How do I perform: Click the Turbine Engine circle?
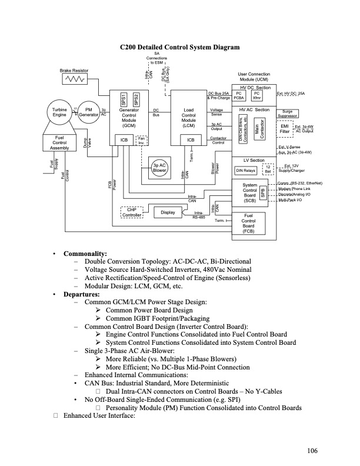click(59, 112)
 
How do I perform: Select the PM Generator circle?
click(89, 112)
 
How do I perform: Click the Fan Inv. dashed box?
click(142, 139)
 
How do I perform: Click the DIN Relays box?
click(245, 170)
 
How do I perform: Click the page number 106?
click(312, 451)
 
